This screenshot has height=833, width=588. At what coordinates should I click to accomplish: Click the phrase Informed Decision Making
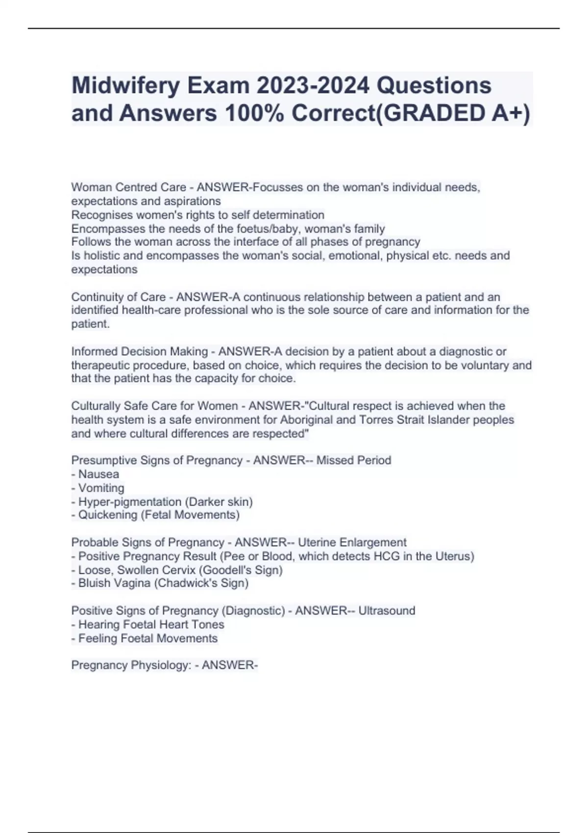(x=140, y=351)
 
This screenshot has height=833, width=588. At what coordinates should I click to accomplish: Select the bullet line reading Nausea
(x=98, y=474)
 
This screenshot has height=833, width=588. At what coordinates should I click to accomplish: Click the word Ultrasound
(x=387, y=611)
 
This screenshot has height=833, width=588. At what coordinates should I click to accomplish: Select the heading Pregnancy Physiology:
(x=131, y=665)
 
